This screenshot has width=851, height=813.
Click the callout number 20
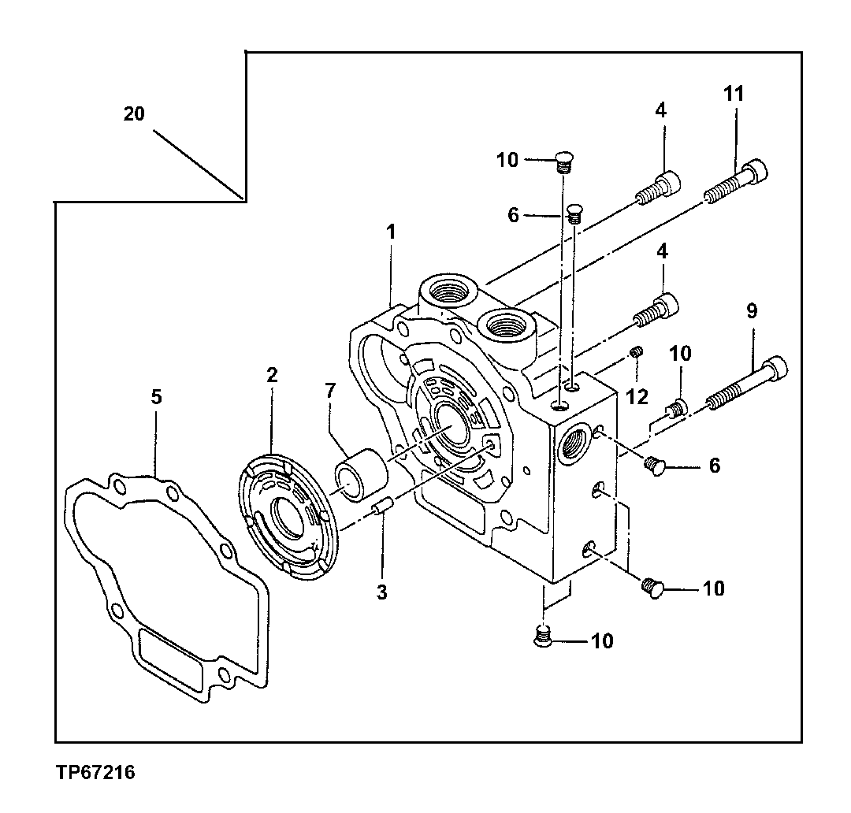[134, 113]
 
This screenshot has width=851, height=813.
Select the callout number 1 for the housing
[391, 232]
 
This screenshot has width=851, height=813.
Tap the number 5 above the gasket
[156, 397]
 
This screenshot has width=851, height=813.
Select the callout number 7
[329, 390]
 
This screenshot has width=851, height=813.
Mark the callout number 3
[381, 592]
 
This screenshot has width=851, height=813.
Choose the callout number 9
[751, 310]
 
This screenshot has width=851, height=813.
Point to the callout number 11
[734, 93]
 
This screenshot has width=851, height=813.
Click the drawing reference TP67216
[95, 773]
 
